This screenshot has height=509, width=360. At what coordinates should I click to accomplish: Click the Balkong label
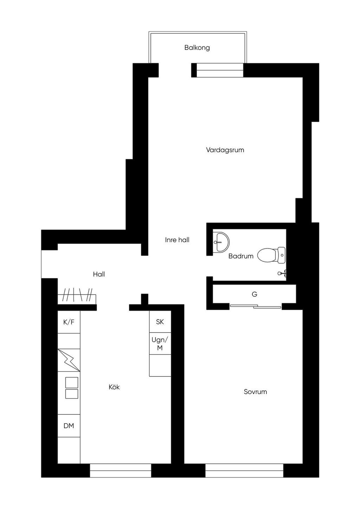pos(197,48)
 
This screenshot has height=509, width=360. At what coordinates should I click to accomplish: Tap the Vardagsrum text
pos(225,150)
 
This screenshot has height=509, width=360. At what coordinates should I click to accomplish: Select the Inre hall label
pos(177,240)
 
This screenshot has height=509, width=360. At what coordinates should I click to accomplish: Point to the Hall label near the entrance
pos(99,274)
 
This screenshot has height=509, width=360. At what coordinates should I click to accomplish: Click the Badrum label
pos(241,256)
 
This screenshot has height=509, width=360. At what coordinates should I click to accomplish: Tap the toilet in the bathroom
pos(271,256)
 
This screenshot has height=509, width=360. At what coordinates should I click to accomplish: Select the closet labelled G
pos(254,294)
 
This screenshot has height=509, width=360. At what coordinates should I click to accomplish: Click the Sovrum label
pos(255,392)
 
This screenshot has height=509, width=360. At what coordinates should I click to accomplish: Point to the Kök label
pos(114,387)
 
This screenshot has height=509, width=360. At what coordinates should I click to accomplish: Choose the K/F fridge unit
pos(69,322)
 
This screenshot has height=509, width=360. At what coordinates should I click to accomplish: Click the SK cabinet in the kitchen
pos(160,322)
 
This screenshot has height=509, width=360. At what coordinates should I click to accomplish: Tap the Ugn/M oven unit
pos(160,343)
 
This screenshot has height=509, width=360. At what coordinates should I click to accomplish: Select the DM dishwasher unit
pos(69,426)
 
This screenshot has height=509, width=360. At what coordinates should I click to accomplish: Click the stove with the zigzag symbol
pos(69,360)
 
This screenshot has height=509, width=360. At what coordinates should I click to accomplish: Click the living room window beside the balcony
pos(220,70)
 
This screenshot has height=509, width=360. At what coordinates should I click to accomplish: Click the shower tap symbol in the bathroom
pos(282,273)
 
